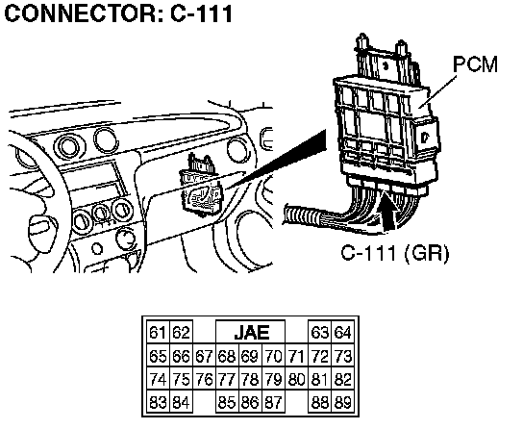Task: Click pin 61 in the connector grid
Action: [158, 333]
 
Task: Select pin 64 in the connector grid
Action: [343, 333]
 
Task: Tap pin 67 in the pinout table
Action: [204, 356]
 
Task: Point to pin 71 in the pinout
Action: [296, 356]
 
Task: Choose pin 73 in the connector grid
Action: [343, 356]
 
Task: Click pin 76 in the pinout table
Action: [204, 379]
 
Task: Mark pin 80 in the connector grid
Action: [296, 379]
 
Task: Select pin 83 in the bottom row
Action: [158, 403]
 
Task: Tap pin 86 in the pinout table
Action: [250, 403]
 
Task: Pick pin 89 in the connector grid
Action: [343, 403]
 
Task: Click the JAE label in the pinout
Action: [252, 332]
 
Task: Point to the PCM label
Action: [475, 64]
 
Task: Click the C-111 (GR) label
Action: [395, 253]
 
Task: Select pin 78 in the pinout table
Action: [250, 379]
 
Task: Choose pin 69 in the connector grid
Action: [250, 356]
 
